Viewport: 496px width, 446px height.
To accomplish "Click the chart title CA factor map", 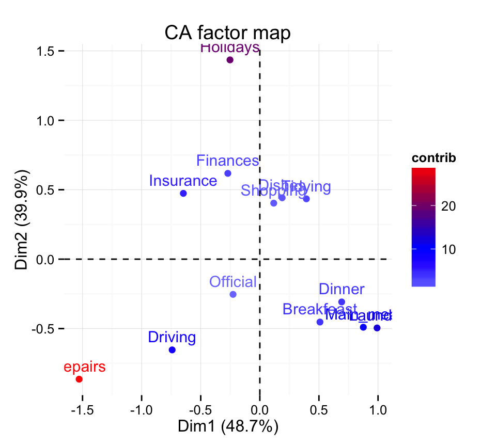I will point(227,33).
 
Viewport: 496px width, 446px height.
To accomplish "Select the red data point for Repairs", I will point(79,379).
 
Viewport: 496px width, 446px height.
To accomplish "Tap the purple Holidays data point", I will point(230,60).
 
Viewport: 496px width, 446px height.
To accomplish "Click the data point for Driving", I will point(172,350).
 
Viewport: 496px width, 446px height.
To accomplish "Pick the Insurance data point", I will point(183,194).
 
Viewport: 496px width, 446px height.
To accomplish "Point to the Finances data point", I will point(228,173).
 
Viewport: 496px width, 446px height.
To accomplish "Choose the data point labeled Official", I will point(233,294).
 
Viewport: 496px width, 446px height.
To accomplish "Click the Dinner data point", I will point(342,302).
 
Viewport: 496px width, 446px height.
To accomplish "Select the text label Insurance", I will point(183,181).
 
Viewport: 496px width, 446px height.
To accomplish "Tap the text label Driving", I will point(172,338).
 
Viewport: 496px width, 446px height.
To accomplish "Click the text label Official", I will point(233,282).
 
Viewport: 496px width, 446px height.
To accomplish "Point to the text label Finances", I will point(227,161).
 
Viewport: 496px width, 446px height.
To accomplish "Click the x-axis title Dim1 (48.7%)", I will point(228,427).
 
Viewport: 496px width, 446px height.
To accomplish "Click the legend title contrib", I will point(433,158).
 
